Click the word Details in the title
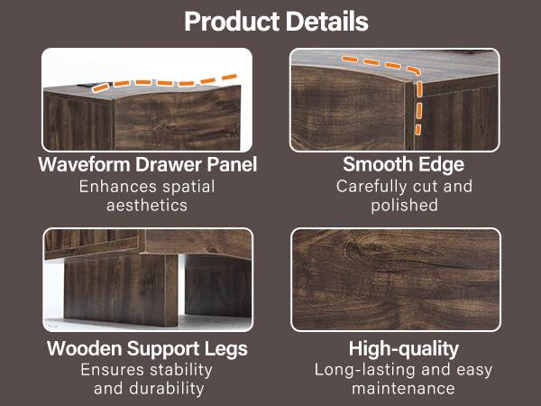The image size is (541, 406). point(322,22)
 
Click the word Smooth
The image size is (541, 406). point(373,165)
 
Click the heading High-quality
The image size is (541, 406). point(404,349)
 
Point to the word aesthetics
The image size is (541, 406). point(147,206)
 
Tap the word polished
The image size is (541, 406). point(404,206)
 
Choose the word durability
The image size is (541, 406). point(160,389)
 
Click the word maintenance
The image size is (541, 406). point(404,389)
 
